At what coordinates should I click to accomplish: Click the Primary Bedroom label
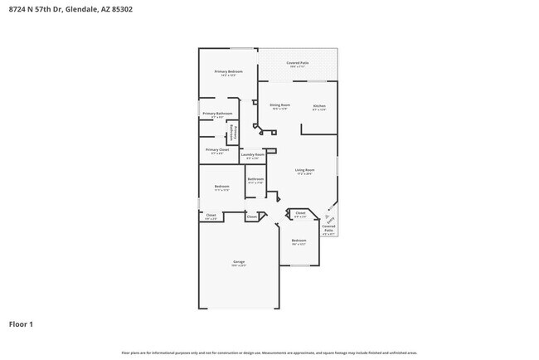(x=228, y=72)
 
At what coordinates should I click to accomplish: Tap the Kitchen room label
(x=318, y=105)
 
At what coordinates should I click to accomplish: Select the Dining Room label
(x=279, y=105)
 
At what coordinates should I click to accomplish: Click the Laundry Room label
(x=253, y=154)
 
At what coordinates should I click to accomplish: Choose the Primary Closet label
(x=217, y=149)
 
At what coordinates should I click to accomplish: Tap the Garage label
(x=239, y=262)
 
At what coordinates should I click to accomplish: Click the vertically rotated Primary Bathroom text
(x=233, y=133)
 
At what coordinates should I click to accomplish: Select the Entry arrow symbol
(x=329, y=219)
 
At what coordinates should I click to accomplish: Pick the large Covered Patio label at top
(x=298, y=62)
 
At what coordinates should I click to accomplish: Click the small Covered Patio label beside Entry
(x=328, y=227)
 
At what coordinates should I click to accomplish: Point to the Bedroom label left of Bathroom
(x=221, y=186)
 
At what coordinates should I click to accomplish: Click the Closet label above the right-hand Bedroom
(x=300, y=213)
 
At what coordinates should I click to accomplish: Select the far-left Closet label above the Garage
(x=211, y=215)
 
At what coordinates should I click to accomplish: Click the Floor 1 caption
(x=21, y=324)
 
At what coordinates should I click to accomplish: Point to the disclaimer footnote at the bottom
(x=269, y=353)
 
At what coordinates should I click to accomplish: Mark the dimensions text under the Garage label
(x=239, y=266)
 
